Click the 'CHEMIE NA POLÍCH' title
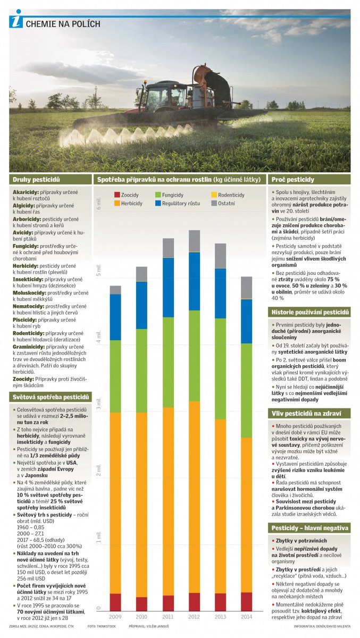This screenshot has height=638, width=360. click(63, 24)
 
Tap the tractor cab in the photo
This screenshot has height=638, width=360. click(159, 96)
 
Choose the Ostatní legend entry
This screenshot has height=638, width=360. click(227, 203)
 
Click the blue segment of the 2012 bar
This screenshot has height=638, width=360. click(194, 281)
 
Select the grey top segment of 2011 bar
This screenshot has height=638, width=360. click(168, 248)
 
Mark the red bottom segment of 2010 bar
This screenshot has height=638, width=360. click(141, 604)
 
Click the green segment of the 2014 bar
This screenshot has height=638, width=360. click(246, 390)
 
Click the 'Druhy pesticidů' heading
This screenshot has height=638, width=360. click(37, 180)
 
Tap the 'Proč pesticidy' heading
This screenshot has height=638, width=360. click(294, 180)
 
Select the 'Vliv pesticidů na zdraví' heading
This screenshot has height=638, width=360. click(303, 413)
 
